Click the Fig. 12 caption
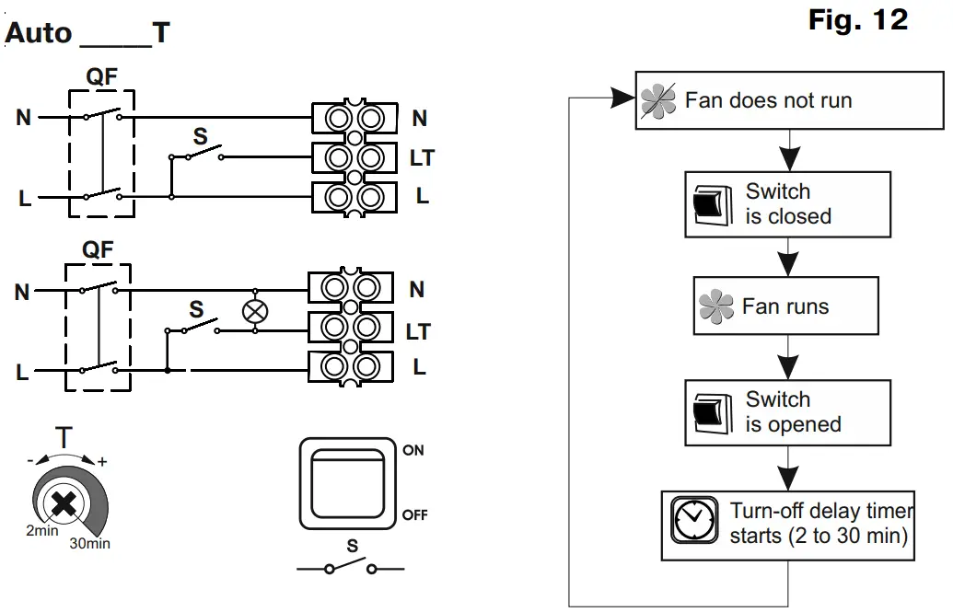[857, 20]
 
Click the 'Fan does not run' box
[789, 100]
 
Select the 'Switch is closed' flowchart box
[787, 204]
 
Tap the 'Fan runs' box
[785, 306]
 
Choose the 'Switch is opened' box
[787, 412]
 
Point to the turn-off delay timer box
[787, 525]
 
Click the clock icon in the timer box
[693, 520]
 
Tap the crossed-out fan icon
[657, 100]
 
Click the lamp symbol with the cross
[255, 311]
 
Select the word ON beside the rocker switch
[413, 450]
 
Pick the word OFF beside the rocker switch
[415, 514]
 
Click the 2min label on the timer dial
[42, 531]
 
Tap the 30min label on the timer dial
[90, 543]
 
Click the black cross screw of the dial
[64, 503]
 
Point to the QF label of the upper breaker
[101, 76]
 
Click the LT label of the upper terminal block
[422, 158]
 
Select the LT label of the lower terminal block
[418, 332]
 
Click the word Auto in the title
[39, 33]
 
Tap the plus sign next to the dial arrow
[103, 462]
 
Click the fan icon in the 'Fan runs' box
[716, 306]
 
